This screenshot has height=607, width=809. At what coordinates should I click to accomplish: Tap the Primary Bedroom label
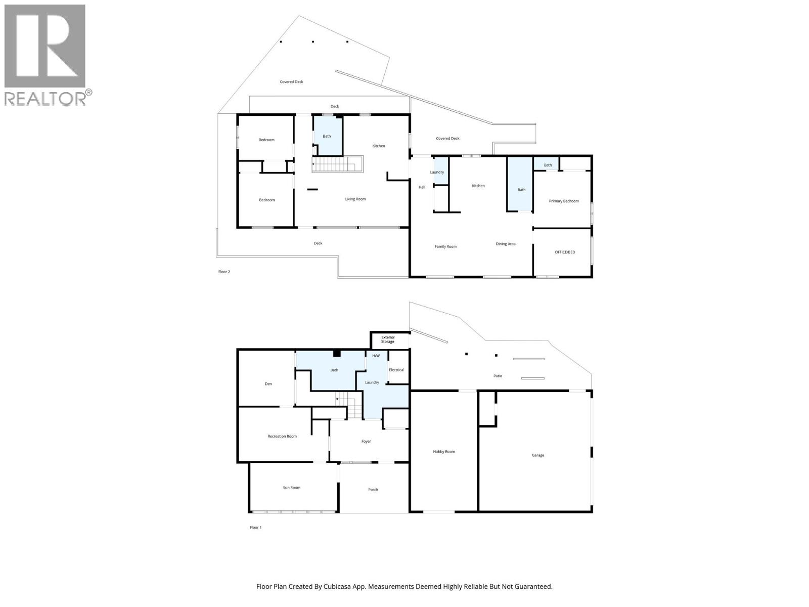coord(564,201)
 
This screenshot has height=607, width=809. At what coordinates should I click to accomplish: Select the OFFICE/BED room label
coord(565,252)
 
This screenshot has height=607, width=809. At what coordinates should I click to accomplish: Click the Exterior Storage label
coord(388,339)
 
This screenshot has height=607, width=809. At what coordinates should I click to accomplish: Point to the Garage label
coord(538,455)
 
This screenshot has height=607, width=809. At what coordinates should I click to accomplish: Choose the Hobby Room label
coord(444,452)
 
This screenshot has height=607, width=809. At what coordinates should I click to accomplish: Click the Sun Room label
coord(292,488)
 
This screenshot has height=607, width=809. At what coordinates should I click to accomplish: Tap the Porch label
coord(373,490)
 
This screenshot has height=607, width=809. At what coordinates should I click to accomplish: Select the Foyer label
coord(366,441)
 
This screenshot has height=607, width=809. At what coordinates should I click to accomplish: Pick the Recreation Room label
coord(282,436)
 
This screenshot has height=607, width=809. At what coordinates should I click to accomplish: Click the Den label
coord(268,384)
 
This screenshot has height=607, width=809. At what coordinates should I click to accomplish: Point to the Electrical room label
coord(396,370)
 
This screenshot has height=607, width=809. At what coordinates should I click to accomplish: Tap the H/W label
coord(376,356)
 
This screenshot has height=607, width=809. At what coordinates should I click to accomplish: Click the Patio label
coord(498,376)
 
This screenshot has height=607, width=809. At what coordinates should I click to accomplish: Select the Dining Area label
coord(506,244)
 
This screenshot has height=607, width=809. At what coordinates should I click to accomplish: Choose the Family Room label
coord(445,246)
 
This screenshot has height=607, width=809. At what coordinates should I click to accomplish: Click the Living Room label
coord(355,199)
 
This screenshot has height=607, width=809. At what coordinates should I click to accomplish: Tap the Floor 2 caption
coord(224,272)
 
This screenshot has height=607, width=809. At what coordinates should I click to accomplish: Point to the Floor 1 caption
coord(255,528)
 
